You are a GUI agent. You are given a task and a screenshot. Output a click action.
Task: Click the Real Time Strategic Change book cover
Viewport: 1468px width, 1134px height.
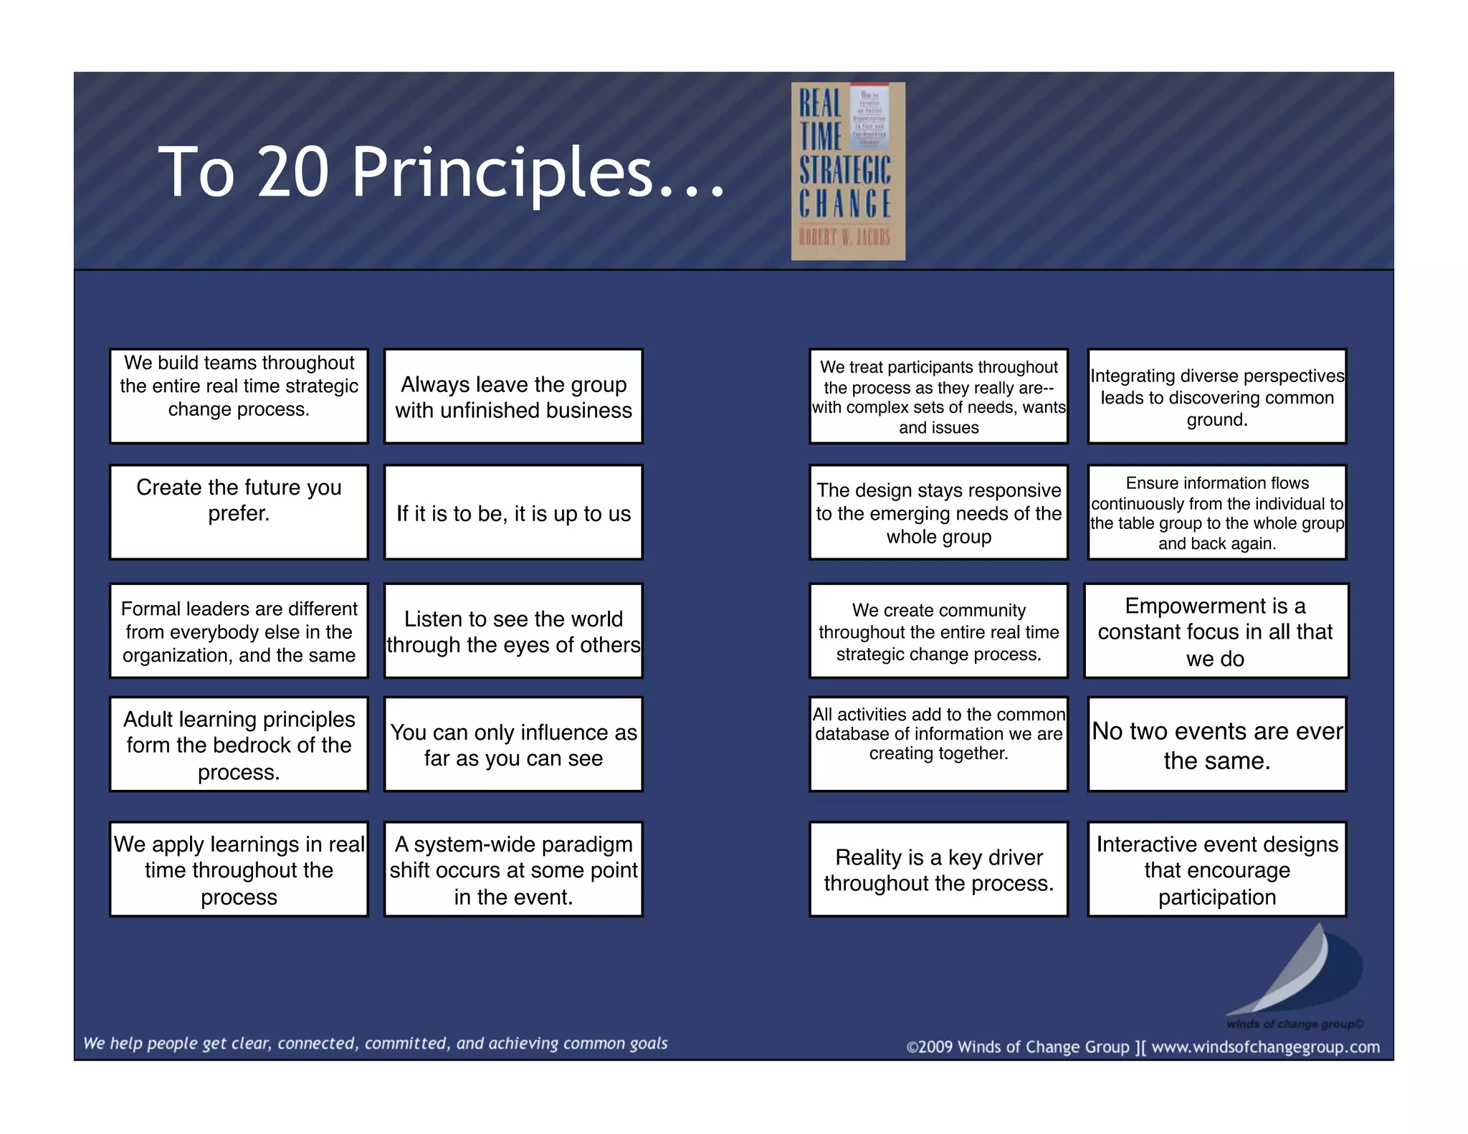point(847,171)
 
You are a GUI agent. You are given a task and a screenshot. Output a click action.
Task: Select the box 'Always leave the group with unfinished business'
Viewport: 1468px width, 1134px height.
point(513,396)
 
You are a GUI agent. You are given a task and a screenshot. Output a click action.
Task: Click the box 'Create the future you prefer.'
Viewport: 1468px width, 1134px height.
point(239,512)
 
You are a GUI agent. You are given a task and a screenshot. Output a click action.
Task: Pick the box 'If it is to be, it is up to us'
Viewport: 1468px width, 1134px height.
point(513,512)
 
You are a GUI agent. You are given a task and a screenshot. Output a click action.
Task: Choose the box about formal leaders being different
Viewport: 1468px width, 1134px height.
point(239,631)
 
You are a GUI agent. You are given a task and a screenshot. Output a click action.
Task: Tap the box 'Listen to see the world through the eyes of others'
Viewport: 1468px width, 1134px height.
point(513,631)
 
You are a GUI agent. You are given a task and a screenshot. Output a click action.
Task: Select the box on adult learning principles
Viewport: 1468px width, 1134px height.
point(239,744)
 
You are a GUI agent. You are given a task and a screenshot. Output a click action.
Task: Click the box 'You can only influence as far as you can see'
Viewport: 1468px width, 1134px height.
point(513,744)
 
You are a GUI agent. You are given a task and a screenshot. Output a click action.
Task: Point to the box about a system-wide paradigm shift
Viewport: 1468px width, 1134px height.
point(513,869)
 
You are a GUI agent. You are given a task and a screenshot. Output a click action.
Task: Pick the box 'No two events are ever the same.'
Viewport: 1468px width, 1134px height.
point(1216,744)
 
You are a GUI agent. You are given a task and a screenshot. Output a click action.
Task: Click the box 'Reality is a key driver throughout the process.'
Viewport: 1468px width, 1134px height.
point(938,869)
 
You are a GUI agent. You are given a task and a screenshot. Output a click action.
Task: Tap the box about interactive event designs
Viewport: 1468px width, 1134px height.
point(1216,869)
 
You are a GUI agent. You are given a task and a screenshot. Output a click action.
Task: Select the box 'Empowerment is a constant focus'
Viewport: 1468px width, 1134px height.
point(1216,631)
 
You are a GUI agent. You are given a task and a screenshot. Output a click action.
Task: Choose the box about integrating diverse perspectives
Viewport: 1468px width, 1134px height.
point(1216,396)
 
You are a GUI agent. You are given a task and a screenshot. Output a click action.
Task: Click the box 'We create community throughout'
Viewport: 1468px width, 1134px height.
point(938,631)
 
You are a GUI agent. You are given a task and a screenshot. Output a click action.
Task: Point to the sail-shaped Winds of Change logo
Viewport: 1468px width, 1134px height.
point(1297,975)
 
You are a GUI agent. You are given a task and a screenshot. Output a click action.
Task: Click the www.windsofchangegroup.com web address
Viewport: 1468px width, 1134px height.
point(1265,1047)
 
